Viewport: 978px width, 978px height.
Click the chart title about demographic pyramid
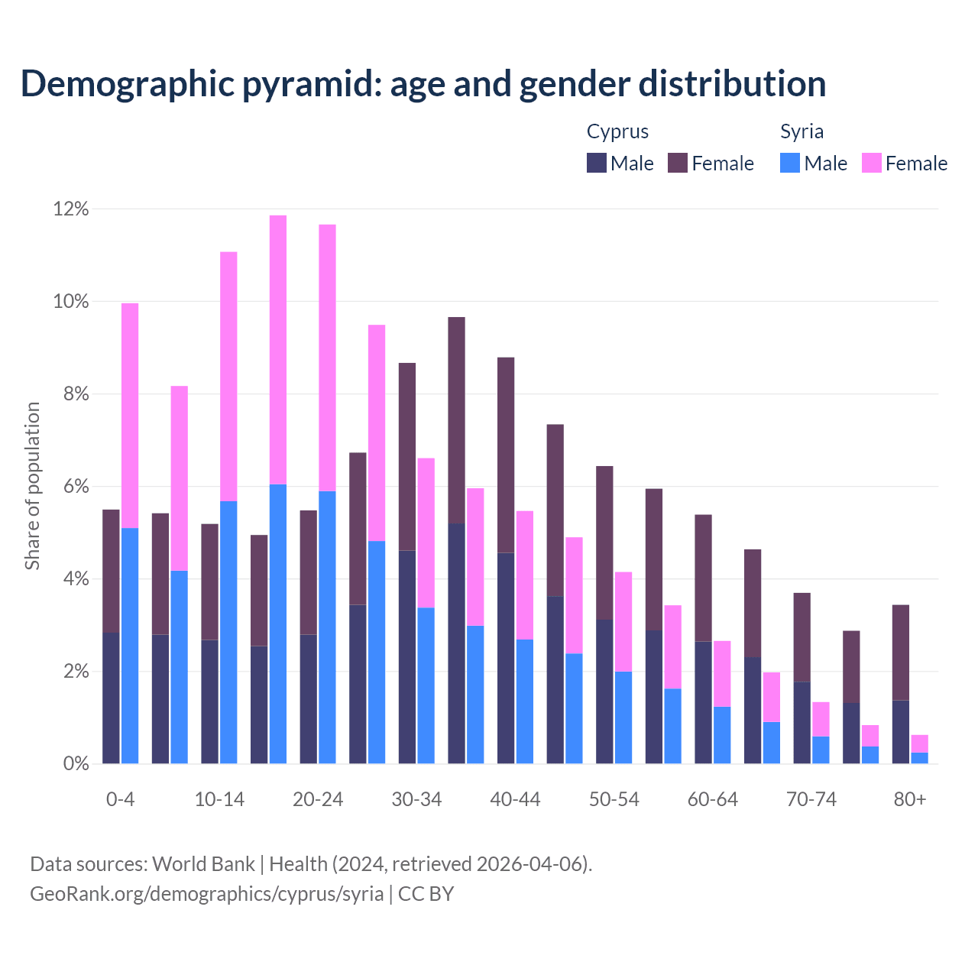tap(423, 83)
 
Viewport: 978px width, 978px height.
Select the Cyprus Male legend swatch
tap(597, 163)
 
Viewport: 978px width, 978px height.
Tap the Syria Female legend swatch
tap(871, 163)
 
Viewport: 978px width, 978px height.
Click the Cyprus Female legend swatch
tap(678, 163)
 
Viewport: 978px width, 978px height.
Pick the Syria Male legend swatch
tap(790, 163)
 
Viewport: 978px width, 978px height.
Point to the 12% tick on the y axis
tap(71, 209)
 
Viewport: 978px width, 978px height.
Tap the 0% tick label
tap(75, 763)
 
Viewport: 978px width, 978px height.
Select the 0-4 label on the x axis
tap(120, 799)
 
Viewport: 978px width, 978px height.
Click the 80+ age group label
tap(910, 799)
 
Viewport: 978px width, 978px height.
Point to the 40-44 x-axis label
tap(515, 799)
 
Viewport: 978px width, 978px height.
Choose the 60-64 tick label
tap(713, 799)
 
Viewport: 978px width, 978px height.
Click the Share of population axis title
tap(32, 486)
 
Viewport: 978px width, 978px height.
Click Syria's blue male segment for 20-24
tap(327, 627)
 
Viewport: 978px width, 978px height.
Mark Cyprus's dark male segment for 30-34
tap(407, 657)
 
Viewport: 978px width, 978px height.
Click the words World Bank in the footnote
tap(203, 864)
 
